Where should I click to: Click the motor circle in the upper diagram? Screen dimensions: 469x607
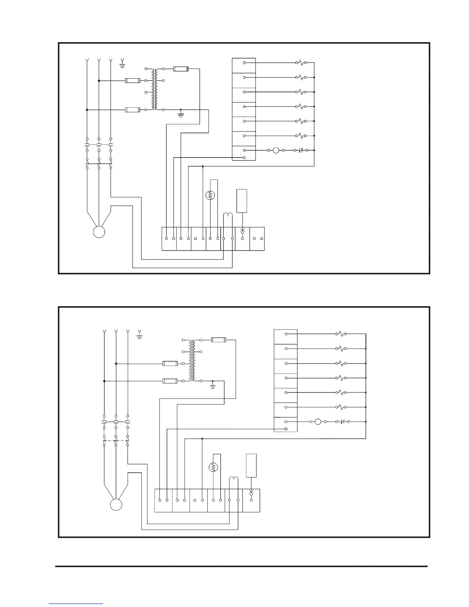click(x=99, y=232)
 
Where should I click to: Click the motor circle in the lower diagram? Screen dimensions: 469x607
click(x=116, y=504)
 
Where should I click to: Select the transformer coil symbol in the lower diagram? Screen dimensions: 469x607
click(x=192, y=360)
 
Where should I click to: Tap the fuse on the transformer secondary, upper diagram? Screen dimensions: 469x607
click(x=180, y=69)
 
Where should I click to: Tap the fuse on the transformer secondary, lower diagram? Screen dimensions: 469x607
click(x=218, y=340)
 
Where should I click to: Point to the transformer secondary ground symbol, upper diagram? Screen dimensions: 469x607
click(x=181, y=114)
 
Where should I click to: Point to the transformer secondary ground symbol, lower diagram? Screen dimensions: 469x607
click(x=213, y=386)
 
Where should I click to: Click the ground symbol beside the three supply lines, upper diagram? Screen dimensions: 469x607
click(x=123, y=64)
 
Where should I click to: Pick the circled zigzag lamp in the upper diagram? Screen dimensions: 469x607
click(x=210, y=195)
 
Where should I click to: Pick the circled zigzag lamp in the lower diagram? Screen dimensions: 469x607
click(x=213, y=467)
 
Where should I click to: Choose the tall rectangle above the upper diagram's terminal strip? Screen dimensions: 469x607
click(x=242, y=201)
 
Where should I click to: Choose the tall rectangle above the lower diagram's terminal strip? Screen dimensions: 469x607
click(x=251, y=466)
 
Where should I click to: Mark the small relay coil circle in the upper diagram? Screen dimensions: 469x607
click(x=276, y=151)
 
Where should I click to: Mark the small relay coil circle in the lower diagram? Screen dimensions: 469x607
click(x=318, y=422)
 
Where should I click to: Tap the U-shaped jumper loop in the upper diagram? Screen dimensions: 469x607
click(x=228, y=217)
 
